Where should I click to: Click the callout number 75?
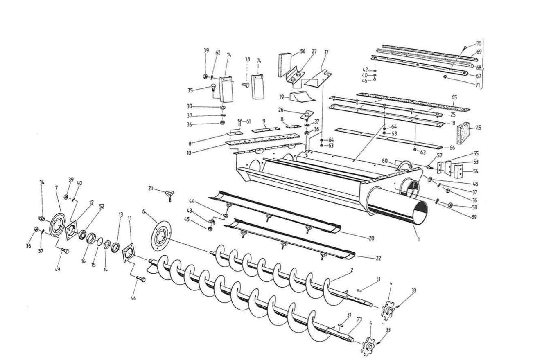[x=478, y=128]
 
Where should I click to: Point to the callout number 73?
[x=359, y=319]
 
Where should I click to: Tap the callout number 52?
[x=102, y=206]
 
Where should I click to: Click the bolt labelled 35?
[x=213, y=87]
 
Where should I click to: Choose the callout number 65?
[x=454, y=97]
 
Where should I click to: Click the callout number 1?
[x=418, y=240]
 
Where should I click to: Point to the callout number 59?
[x=474, y=217]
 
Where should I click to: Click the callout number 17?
[x=326, y=52]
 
